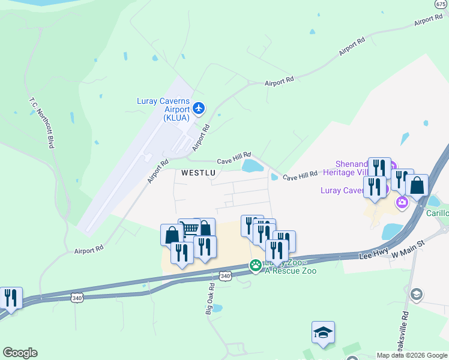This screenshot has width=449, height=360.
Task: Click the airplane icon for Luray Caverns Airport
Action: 199,109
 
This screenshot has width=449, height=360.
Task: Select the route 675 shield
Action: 440,4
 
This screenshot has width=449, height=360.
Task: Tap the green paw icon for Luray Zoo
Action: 256,265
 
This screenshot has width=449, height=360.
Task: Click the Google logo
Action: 20,353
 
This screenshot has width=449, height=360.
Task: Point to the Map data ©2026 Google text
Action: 411,355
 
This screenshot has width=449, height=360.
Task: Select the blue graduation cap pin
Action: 323,332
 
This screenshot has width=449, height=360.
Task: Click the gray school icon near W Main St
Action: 416,294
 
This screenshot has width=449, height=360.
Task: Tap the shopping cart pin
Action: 190,228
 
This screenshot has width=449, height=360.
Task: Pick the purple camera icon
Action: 402,203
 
